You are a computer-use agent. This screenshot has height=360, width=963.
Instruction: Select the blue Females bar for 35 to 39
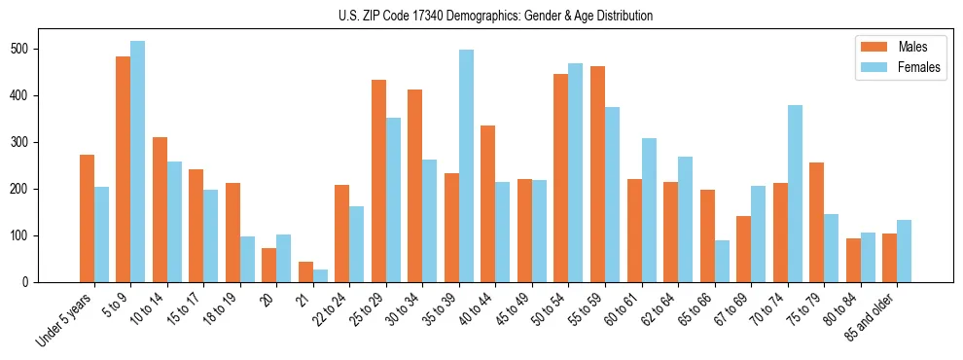[466, 165]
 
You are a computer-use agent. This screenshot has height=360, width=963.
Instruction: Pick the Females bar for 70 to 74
[795, 194]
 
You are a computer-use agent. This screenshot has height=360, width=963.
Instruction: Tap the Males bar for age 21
[305, 271]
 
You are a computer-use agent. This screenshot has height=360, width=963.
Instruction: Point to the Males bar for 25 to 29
[378, 181]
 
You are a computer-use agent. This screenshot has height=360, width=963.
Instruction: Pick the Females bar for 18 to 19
[247, 259]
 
